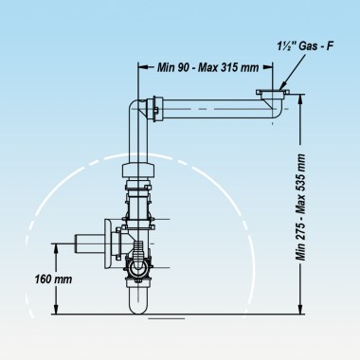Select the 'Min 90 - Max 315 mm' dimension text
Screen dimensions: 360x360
click(x=204, y=68)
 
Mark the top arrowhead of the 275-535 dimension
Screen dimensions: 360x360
click(x=300, y=98)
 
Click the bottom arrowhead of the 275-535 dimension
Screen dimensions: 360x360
click(x=300, y=312)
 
